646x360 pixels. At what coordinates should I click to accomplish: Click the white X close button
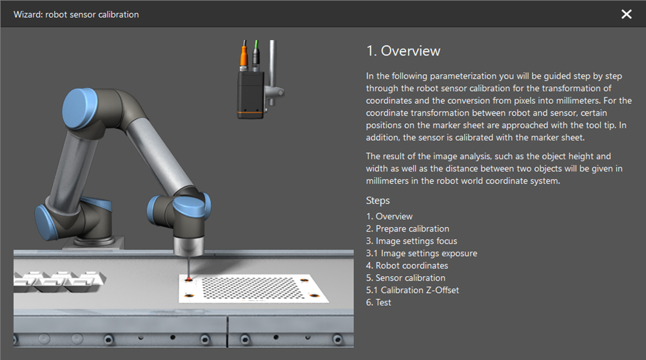click(x=626, y=14)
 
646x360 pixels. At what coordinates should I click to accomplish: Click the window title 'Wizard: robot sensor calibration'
click(x=76, y=14)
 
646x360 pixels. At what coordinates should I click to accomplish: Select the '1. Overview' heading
click(x=403, y=51)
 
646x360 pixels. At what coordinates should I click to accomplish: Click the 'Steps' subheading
click(x=378, y=201)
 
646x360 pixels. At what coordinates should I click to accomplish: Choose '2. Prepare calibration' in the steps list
click(x=407, y=228)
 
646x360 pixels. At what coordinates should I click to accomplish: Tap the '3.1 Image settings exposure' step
click(x=422, y=253)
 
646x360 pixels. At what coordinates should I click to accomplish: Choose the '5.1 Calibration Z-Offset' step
click(x=413, y=290)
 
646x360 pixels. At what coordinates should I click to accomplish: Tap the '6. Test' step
click(x=378, y=302)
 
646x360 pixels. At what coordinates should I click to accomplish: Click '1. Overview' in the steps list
click(x=389, y=216)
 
